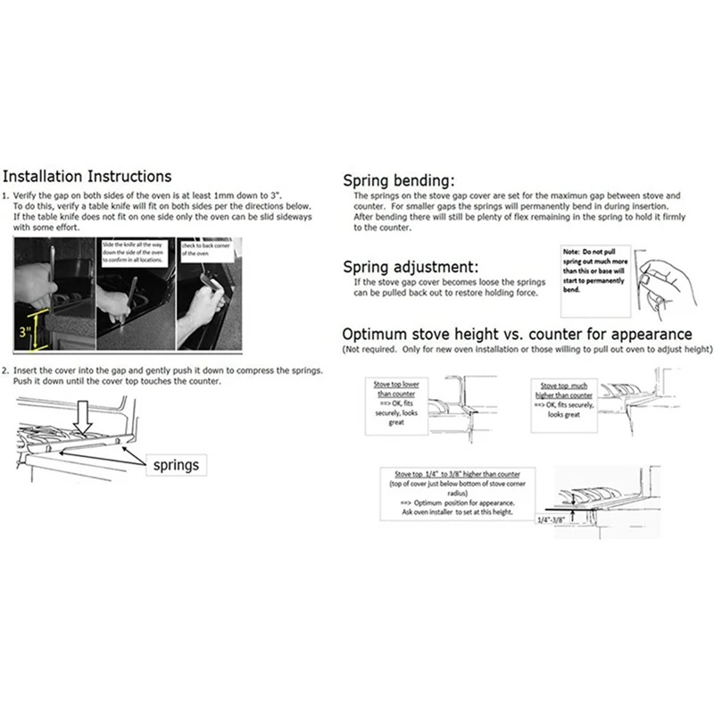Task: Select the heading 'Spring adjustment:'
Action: (x=417, y=267)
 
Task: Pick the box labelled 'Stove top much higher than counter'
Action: (x=564, y=397)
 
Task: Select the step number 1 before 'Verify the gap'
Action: (x=6, y=195)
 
